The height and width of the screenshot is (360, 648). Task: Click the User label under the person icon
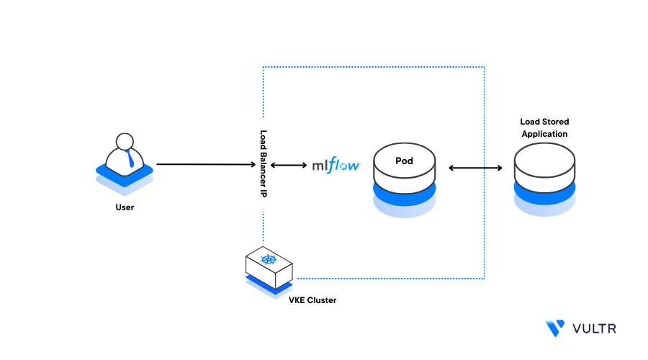125,207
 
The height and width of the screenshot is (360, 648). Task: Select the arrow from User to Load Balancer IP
205,164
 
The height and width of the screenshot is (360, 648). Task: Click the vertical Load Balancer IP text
264,164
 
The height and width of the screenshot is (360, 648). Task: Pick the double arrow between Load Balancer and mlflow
289,165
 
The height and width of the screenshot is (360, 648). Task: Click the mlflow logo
336,165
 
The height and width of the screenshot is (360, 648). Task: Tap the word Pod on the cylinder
404,161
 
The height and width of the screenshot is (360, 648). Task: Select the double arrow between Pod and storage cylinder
475,168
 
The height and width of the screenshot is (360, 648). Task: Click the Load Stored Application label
544,128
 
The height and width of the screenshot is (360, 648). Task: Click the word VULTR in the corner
595,328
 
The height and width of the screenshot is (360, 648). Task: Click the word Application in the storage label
544,134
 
